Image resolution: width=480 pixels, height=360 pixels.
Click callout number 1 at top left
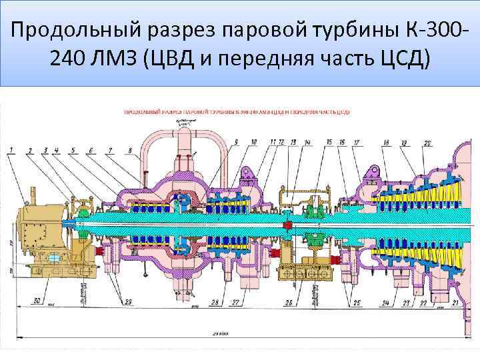[11, 149]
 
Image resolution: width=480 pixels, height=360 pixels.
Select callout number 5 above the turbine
[72, 149]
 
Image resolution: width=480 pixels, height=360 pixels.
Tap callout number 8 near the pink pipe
[129, 149]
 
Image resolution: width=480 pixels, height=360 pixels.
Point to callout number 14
[307, 143]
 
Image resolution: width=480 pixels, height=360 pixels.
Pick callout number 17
[357, 143]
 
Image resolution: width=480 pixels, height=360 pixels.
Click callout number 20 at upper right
[427, 143]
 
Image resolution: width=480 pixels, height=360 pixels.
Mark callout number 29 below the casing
[128, 302]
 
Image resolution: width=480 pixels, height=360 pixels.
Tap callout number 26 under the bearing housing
[288, 302]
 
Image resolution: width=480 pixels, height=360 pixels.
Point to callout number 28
[215, 302]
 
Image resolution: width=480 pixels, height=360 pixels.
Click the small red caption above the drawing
[236, 112]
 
